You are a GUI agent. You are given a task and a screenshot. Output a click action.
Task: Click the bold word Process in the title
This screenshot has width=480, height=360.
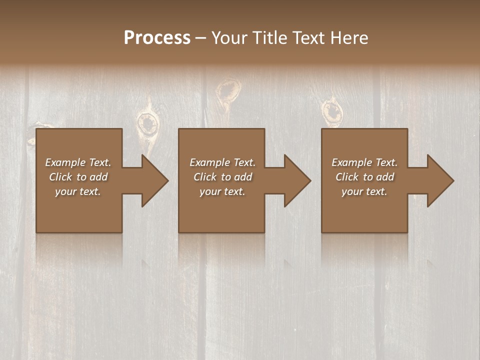157,38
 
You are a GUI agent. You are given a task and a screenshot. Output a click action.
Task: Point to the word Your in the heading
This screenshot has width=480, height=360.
228,38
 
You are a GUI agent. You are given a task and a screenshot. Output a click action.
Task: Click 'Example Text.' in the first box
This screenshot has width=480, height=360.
78,162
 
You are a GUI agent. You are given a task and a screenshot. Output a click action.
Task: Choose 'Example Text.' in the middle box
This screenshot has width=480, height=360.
222,162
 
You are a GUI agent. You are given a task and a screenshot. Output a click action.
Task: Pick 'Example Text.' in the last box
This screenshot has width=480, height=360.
364,162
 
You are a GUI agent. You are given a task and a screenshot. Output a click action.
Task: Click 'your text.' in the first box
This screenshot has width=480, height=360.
78,191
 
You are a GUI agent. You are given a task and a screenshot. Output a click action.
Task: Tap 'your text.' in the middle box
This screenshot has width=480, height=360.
222,191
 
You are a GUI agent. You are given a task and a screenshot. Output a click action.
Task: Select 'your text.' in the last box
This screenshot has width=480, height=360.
364,191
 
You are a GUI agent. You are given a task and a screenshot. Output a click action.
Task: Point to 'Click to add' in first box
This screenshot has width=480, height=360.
78,177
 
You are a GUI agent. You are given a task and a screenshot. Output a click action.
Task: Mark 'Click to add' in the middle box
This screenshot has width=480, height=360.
222,177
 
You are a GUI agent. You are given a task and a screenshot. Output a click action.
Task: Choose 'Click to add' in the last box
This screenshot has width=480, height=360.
364,177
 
